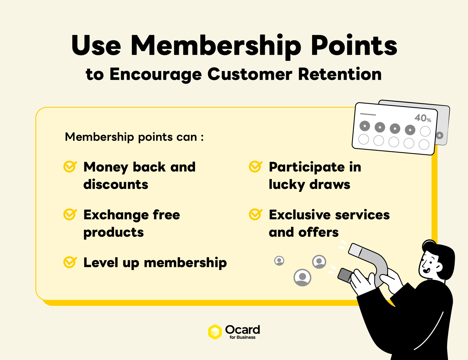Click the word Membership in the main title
pyautogui.click(x=216, y=46)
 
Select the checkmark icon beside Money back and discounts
pyautogui.click(x=70, y=167)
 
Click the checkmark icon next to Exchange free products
pyautogui.click(x=70, y=214)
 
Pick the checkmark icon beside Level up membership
pyautogui.click(x=70, y=262)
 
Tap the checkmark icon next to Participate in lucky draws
pyautogui.click(x=255, y=167)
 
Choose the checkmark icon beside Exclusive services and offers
pyautogui.click(x=255, y=214)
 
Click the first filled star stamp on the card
pyautogui.click(x=365, y=126)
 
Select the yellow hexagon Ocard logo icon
pyautogui.click(x=215, y=332)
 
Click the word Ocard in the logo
pyautogui.click(x=242, y=329)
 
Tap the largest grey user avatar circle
pyautogui.click(x=302, y=277)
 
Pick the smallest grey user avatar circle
pyautogui.click(x=279, y=261)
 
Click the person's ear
pyautogui.click(x=438, y=267)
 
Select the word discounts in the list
pyautogui.click(x=116, y=184)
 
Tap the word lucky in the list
pyautogui.click(x=287, y=184)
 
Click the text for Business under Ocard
pyautogui.click(x=242, y=337)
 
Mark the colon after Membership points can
pyautogui.click(x=202, y=137)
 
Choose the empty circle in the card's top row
pyautogui.click(x=425, y=131)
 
